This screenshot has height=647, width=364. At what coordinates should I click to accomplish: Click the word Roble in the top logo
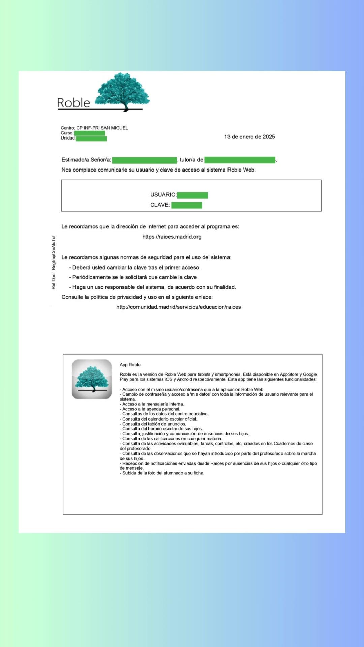(73, 103)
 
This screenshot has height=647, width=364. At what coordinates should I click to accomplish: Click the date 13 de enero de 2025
(249, 137)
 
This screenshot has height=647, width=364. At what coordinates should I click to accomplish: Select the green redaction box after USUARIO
(192, 195)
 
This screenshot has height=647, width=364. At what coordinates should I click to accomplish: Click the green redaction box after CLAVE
(186, 205)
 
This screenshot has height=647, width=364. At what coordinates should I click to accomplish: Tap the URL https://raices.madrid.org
(172, 237)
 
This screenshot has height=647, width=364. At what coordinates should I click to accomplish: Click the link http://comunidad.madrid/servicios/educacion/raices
(178, 307)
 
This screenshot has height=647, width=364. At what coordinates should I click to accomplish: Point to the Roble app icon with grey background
(92, 379)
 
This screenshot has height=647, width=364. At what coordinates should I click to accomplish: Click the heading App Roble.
(130, 365)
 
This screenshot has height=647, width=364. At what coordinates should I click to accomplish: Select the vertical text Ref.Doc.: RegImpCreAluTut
(54, 263)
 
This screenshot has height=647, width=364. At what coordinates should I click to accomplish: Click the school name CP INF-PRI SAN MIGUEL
(102, 128)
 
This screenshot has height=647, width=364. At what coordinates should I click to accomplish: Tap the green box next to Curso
(90, 133)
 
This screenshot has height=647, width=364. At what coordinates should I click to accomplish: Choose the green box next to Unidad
(91, 138)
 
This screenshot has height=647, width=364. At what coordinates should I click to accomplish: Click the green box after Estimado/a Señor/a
(144, 160)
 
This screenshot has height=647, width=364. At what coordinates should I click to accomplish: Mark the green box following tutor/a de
(240, 160)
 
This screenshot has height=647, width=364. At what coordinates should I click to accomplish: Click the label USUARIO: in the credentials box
(163, 195)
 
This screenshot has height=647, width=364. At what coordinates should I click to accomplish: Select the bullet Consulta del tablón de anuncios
(154, 424)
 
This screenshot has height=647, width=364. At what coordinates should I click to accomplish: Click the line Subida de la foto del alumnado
(162, 473)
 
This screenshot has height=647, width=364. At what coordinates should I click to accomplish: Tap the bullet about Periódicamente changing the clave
(135, 277)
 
